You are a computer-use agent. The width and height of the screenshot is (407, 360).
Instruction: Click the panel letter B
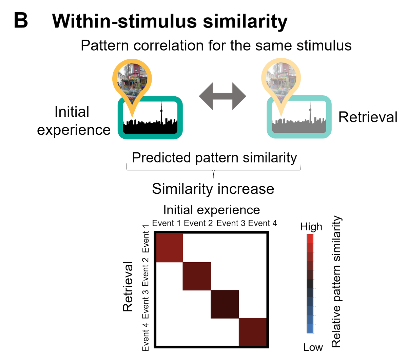(x=21, y=21)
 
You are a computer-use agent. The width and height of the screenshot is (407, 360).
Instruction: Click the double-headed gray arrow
(x=222, y=96)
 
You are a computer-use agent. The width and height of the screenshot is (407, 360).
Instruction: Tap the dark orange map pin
(x=132, y=80)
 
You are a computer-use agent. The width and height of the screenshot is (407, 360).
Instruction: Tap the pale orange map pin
(x=281, y=80)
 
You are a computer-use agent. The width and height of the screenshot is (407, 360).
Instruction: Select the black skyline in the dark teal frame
(x=150, y=126)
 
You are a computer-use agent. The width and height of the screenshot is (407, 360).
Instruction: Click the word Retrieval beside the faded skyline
(x=368, y=117)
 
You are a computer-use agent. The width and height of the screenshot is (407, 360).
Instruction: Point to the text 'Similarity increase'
(x=213, y=189)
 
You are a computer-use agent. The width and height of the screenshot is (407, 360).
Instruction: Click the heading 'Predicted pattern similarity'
(x=214, y=158)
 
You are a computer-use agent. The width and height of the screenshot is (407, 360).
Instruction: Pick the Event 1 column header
(x=166, y=223)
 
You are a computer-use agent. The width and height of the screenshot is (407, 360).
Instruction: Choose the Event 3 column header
(x=231, y=223)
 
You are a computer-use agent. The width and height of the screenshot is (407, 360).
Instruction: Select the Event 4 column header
(x=263, y=223)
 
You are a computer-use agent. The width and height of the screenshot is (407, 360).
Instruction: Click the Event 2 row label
(x=146, y=272)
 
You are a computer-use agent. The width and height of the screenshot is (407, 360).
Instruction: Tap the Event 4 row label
(x=146, y=336)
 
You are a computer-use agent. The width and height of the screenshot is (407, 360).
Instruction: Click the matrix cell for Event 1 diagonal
(x=169, y=247)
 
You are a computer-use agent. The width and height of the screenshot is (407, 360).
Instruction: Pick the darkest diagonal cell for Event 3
(x=225, y=304)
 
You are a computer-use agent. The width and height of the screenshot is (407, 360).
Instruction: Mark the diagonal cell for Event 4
(x=253, y=332)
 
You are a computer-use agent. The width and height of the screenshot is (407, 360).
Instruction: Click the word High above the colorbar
(x=311, y=227)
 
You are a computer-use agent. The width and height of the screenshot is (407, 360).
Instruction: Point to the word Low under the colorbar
(x=313, y=347)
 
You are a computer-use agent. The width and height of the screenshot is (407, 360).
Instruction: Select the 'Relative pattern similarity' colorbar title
(x=336, y=282)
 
